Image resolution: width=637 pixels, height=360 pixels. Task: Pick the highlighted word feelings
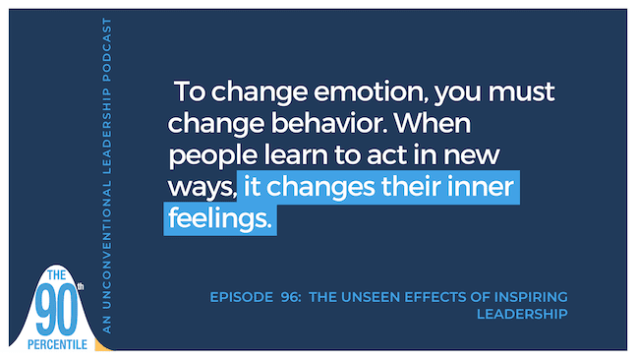[x=218, y=219]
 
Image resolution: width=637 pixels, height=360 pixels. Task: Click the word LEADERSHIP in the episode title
[x=522, y=314]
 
